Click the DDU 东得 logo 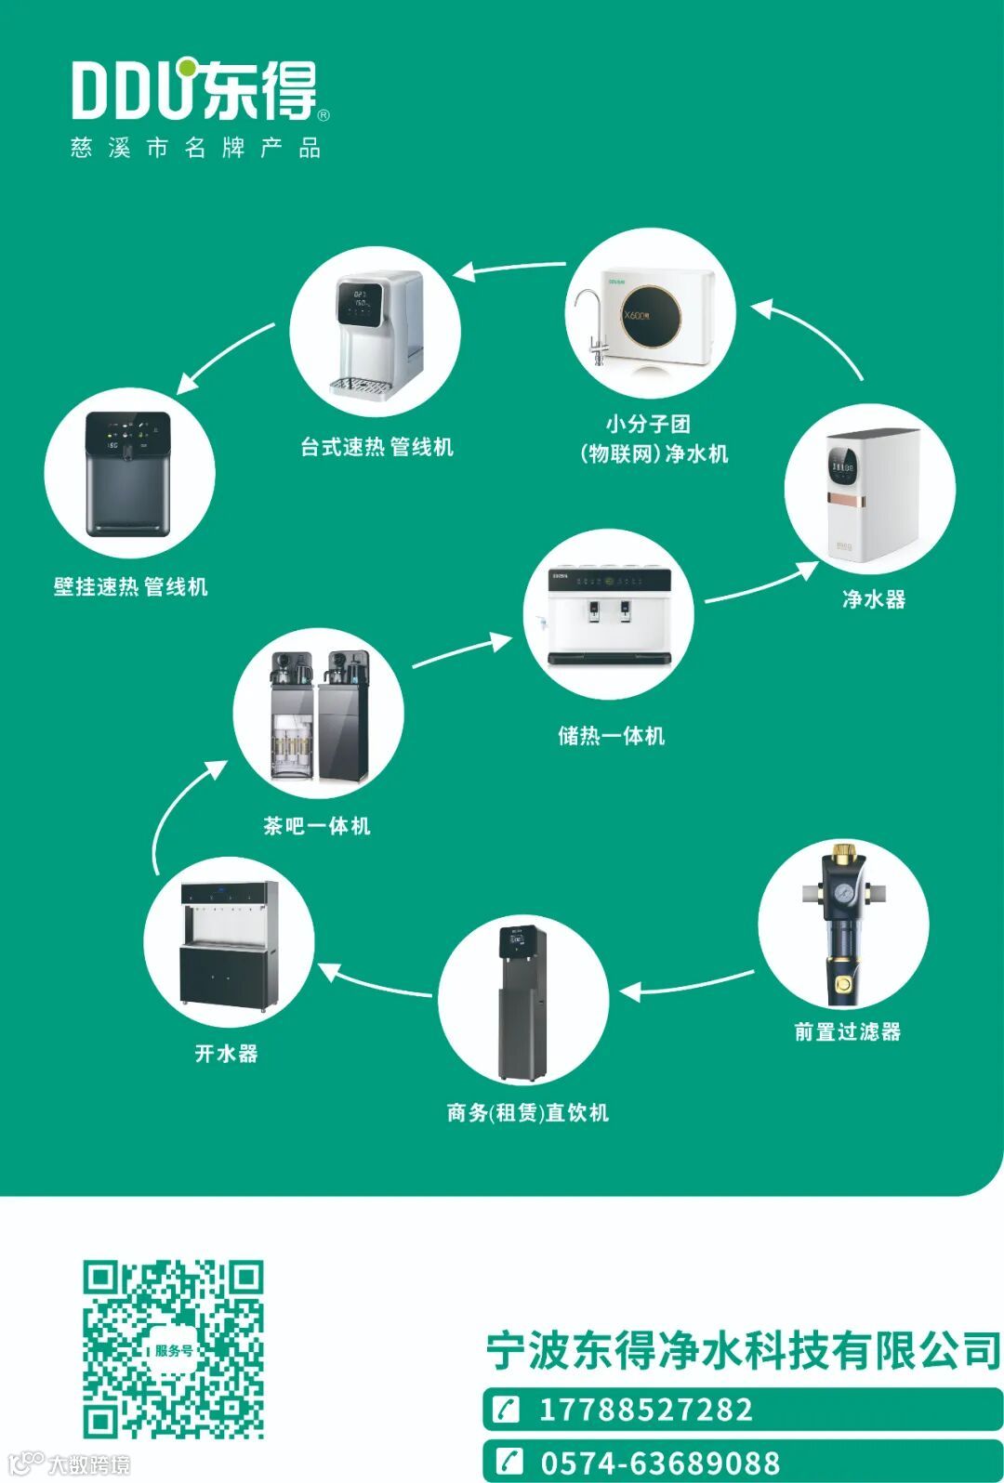pos(199,91)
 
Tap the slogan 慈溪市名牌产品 pos(195,148)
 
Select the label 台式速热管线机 pos(376,447)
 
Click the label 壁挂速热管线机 pos(130,586)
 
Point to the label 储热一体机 pos(611,736)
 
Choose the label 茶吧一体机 pos(316,825)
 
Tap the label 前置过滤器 pos(847,1031)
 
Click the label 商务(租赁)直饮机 pos(527,1112)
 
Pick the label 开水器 pos(226,1053)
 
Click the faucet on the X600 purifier pos(590,321)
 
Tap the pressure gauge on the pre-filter pos(843,891)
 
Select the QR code pos(173,1349)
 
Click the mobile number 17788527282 pos(645,1410)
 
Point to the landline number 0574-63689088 pos(660,1463)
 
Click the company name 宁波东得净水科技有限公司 pos(743,1350)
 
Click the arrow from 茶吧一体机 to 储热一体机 pos(461,651)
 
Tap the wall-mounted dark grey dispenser pos(128,474)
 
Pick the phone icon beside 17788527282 pos(508,1410)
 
